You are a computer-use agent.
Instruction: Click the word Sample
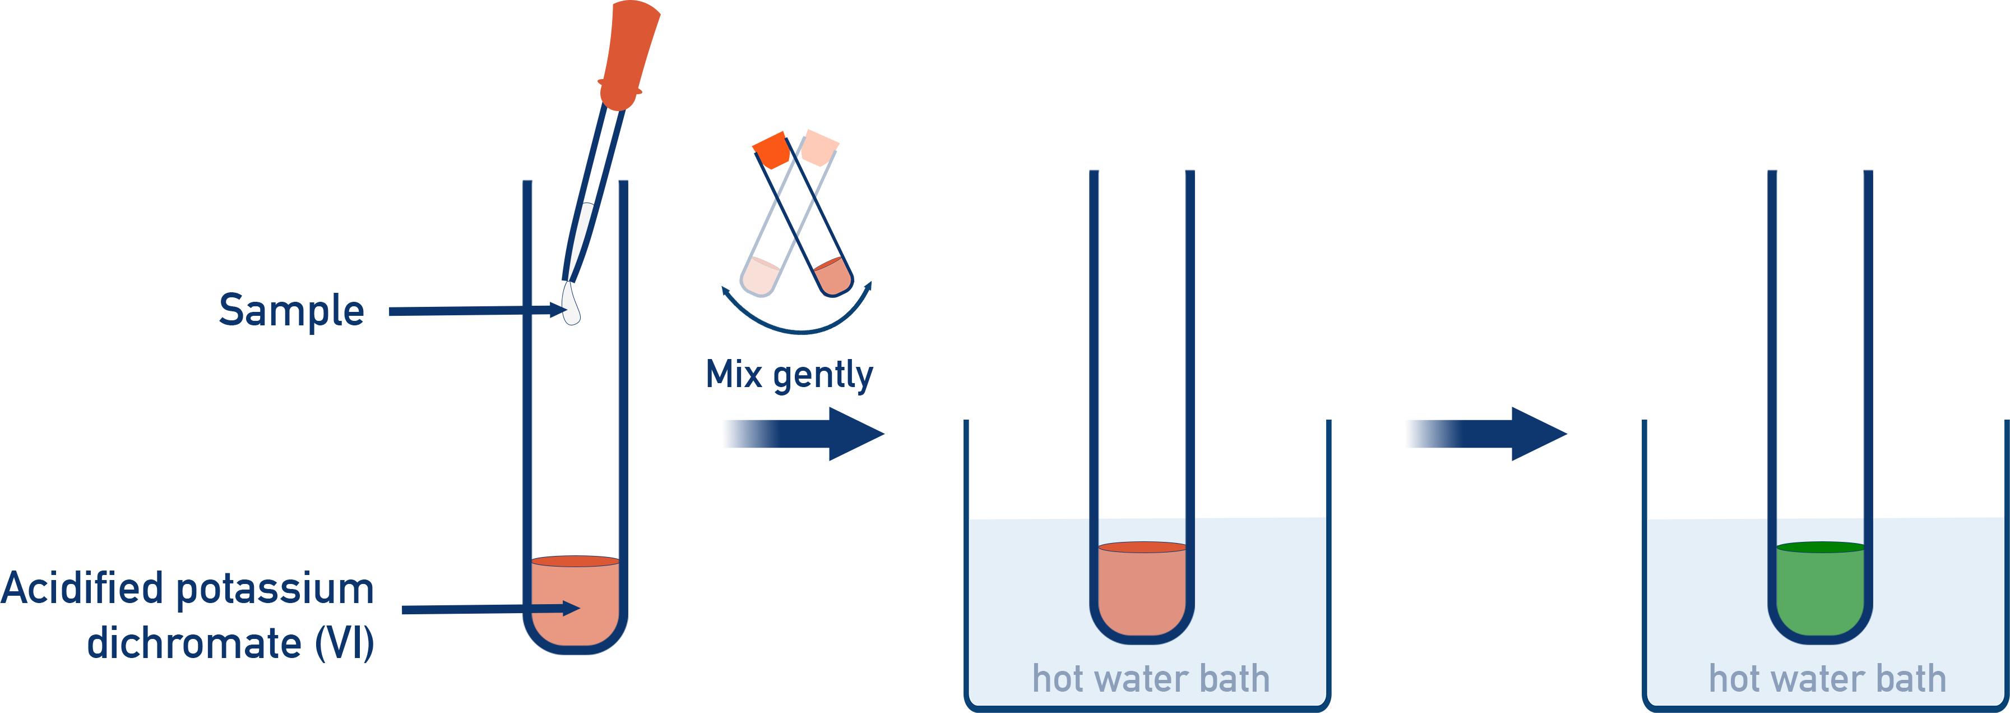[x=291, y=311]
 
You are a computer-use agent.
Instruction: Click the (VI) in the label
[x=344, y=643]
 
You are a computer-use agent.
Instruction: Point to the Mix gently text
[x=789, y=375]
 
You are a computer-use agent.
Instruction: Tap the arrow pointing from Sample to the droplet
[x=468, y=311]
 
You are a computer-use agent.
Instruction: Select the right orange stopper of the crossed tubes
[x=819, y=148]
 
